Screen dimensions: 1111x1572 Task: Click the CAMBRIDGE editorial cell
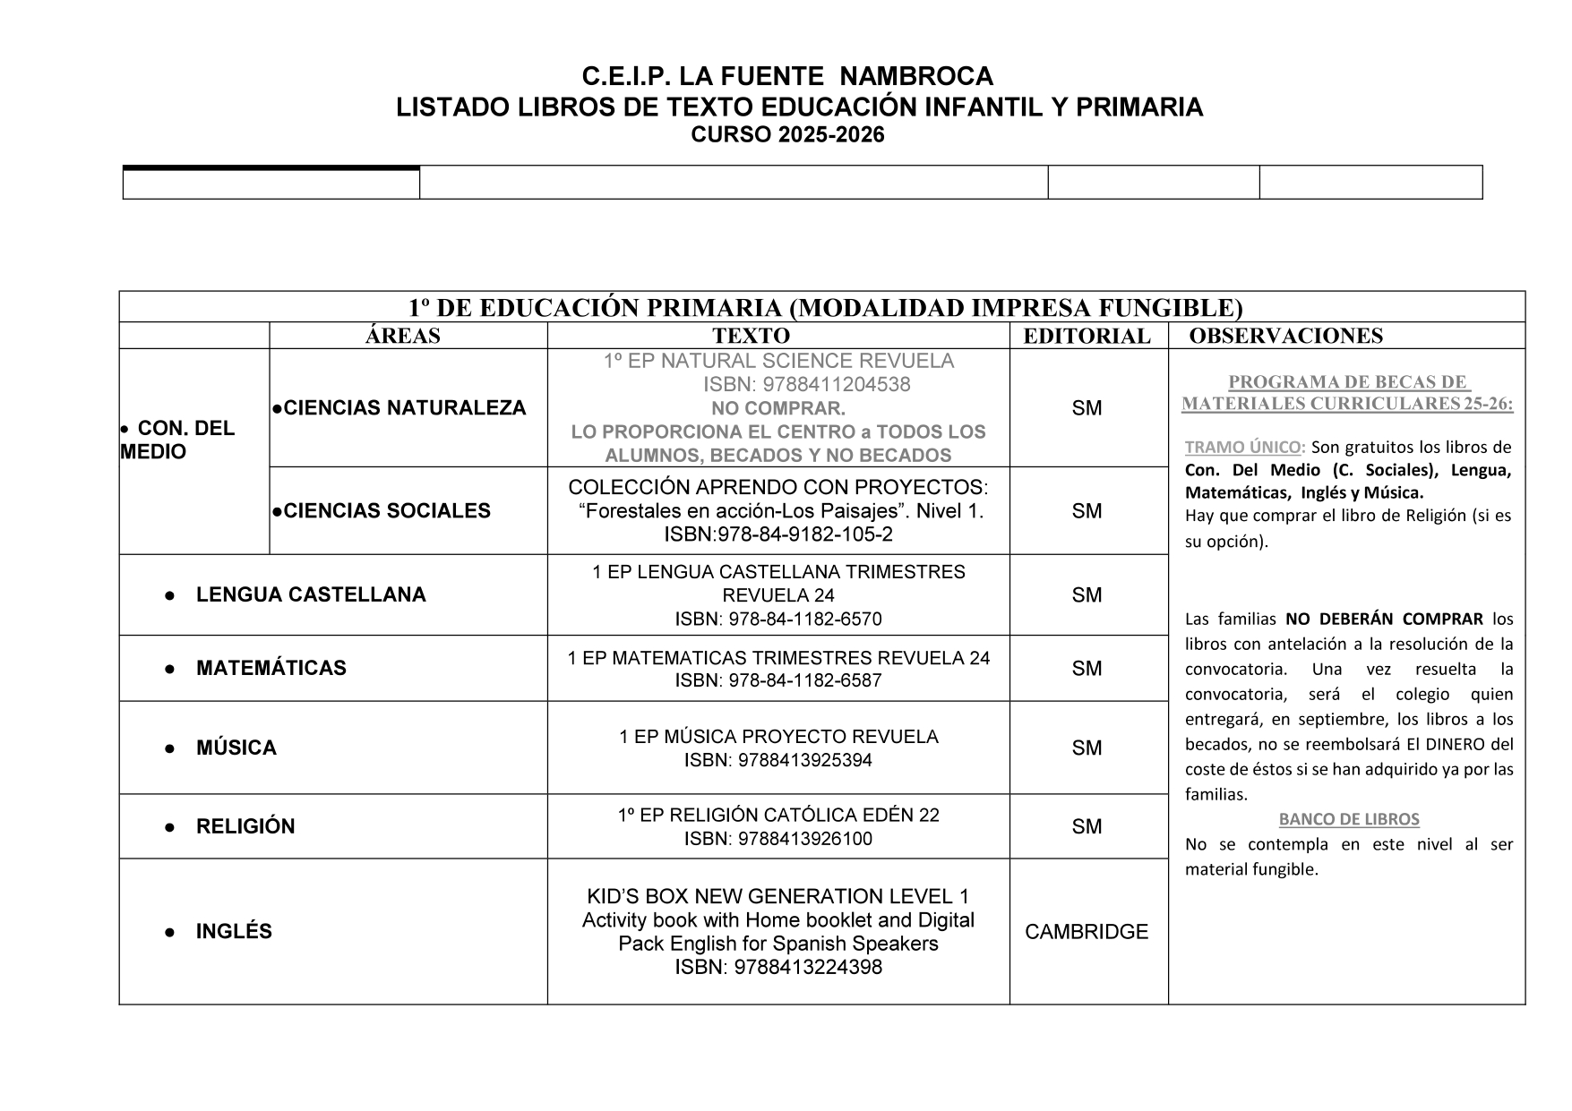1087,932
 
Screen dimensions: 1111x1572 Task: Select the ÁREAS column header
403,336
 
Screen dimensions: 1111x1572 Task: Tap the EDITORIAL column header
1087,336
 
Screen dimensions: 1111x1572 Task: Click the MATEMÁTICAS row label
271,668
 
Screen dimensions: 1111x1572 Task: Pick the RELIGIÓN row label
245,826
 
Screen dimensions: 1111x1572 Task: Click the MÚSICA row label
236,748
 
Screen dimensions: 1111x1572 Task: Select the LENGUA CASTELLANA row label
311,595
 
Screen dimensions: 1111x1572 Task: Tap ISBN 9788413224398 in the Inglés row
777,968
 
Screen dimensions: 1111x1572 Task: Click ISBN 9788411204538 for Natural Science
806,385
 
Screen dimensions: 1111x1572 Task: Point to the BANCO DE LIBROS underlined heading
1349,819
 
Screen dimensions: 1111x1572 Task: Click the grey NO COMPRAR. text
777,409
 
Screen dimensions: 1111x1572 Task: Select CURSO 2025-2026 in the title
787,135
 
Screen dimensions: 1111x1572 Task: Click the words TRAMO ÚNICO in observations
1242,448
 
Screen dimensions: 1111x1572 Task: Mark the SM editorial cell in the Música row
1087,748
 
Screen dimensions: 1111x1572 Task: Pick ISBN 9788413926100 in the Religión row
777,839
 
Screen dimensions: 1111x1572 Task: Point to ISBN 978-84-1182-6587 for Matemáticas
777,680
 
